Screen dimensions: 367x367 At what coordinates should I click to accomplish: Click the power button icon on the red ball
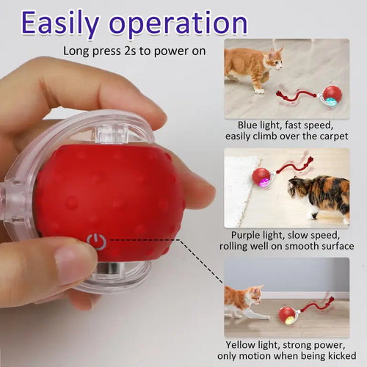pyautogui.click(x=96, y=241)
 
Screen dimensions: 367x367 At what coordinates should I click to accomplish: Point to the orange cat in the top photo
pyautogui.click(x=253, y=66)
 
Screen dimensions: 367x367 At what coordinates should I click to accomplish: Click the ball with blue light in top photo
pyautogui.click(x=333, y=95)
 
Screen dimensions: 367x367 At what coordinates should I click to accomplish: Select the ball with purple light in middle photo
pyautogui.click(x=261, y=177)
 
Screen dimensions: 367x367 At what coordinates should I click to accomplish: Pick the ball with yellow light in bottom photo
pyautogui.click(x=288, y=316)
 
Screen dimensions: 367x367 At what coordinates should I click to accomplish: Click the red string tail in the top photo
pyautogui.click(x=297, y=95)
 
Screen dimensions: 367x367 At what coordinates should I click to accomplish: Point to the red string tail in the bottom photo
pyautogui.click(x=317, y=305)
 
